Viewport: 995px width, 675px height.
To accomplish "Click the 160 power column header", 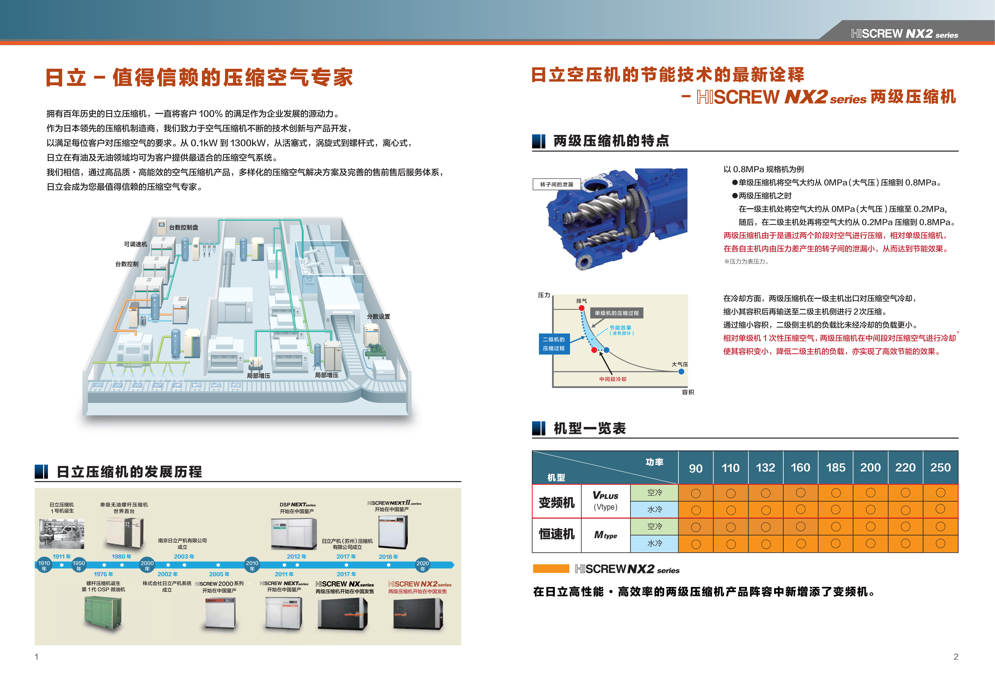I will click(800, 467).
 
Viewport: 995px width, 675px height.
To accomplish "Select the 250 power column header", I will click(940, 467).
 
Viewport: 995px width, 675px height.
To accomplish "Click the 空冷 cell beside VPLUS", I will click(654, 493).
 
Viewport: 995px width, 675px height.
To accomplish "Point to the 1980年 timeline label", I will click(121, 556).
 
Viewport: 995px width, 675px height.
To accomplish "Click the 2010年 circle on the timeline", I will click(252, 565).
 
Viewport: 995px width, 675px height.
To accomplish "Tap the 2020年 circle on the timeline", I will click(423, 565).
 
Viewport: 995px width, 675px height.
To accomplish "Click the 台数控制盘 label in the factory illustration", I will click(184, 227).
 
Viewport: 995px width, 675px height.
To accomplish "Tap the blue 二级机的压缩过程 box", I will click(554, 344).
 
